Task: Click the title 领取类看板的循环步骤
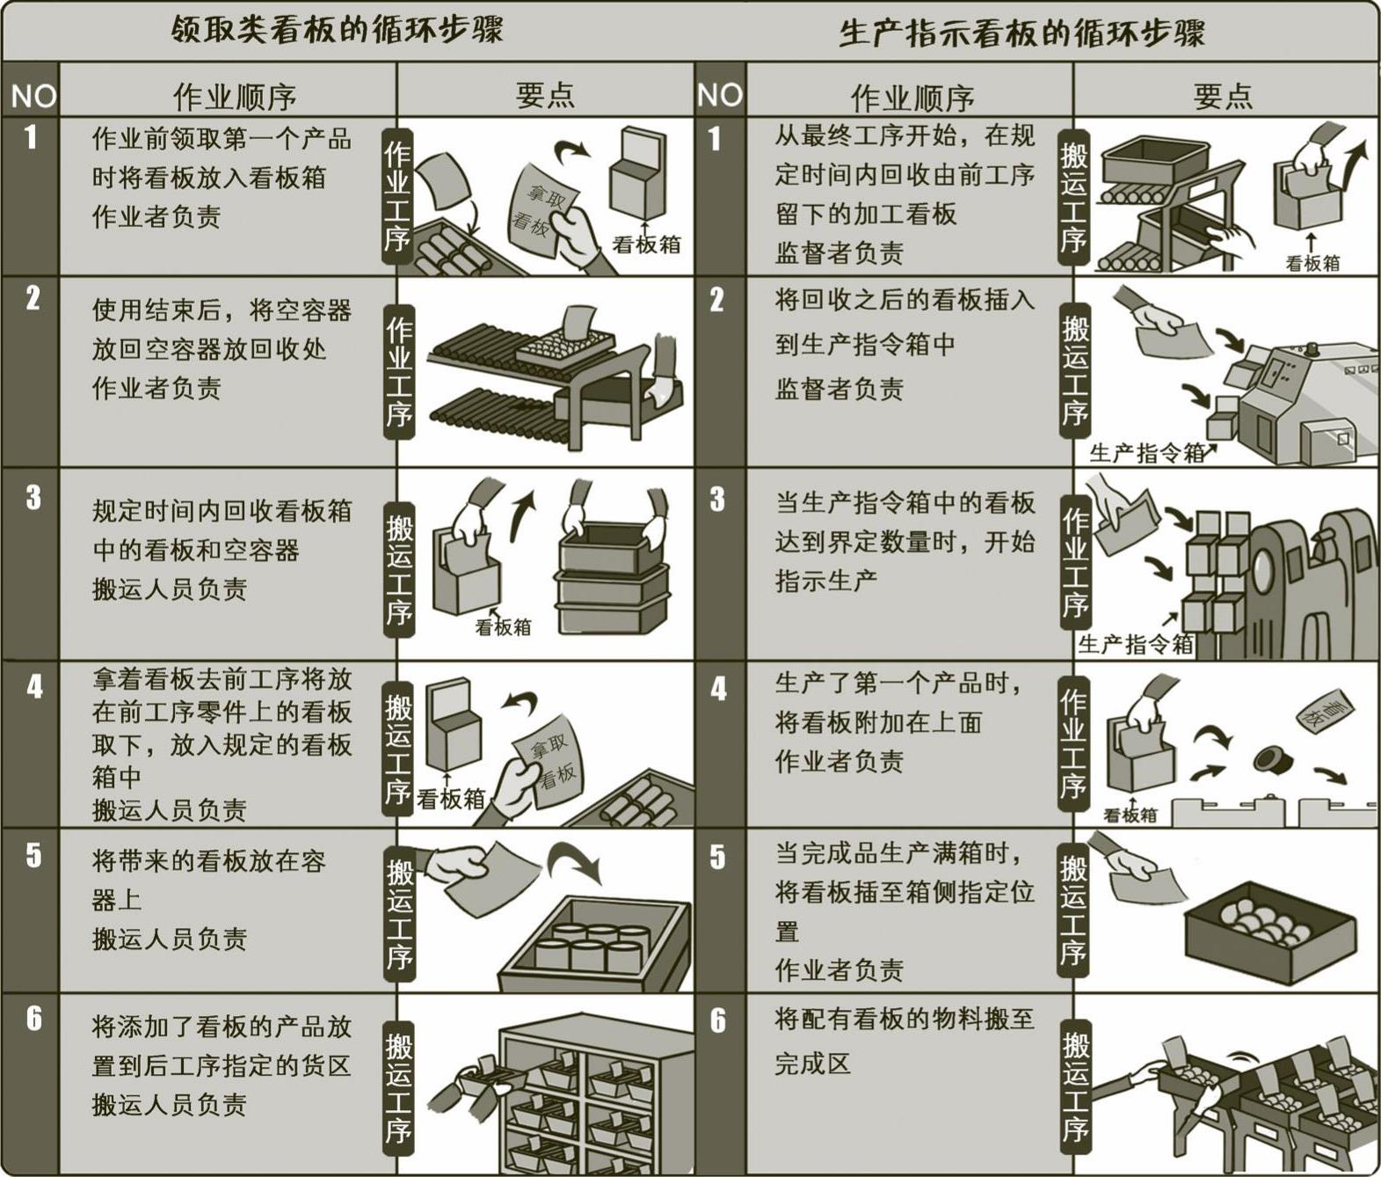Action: [337, 29]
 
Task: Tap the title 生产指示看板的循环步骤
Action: [1021, 32]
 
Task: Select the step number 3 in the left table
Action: [33, 498]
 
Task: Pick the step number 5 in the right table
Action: [717, 857]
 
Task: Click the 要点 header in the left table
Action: [545, 96]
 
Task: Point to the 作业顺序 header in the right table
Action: [912, 98]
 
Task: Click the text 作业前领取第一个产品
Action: [222, 139]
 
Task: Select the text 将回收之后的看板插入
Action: [905, 300]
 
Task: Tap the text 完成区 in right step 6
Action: [813, 1064]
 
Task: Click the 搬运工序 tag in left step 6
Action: [398, 1087]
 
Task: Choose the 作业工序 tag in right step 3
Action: [1075, 564]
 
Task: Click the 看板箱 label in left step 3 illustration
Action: [503, 626]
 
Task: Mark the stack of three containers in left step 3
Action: [611, 579]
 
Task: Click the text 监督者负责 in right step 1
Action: [840, 252]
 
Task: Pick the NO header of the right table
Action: [720, 95]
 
